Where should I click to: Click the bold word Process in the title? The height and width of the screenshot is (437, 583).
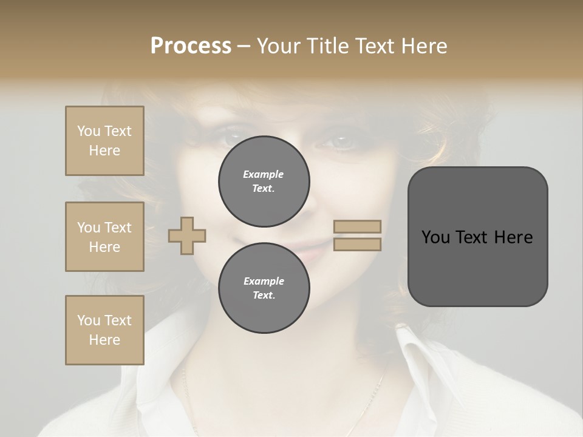(191, 46)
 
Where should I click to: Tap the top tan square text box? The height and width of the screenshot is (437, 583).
(104, 141)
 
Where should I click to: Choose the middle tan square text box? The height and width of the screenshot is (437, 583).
(104, 237)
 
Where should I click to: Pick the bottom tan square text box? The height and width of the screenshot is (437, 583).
(104, 330)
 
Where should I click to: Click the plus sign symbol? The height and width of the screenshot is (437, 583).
(187, 235)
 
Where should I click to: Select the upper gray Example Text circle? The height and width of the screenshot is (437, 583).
(264, 181)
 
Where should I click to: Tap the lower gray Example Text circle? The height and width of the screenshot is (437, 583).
(264, 288)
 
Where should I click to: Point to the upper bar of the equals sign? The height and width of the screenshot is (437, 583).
(358, 226)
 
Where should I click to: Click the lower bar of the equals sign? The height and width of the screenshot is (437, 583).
(358, 244)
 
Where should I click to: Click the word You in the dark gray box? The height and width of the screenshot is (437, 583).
(435, 237)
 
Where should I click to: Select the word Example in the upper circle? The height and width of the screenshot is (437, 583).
(264, 174)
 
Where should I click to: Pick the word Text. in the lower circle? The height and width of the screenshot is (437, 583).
(264, 296)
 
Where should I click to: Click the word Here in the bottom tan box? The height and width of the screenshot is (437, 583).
(104, 340)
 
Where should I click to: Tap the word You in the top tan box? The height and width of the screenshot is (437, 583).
(89, 131)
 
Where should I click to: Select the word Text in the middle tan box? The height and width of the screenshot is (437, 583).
(118, 228)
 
